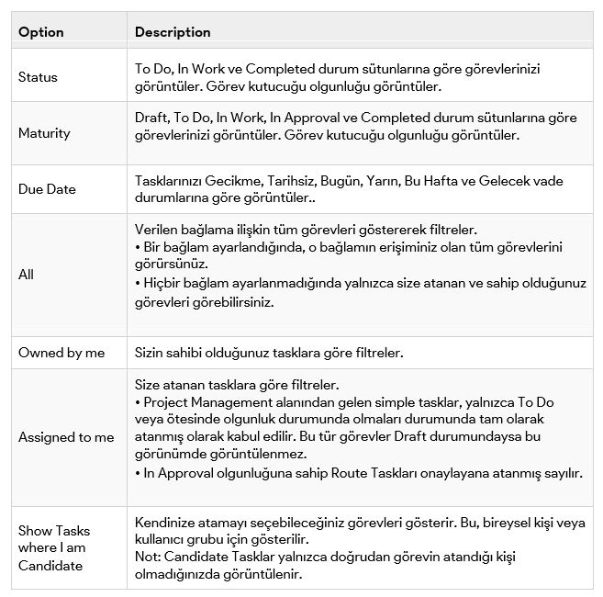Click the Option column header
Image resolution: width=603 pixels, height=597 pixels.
41,32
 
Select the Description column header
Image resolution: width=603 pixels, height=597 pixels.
173,32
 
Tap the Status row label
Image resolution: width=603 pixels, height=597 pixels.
38,77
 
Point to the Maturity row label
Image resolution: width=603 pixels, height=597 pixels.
44,133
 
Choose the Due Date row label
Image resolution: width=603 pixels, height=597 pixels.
47,189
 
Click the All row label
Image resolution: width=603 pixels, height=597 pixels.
26,274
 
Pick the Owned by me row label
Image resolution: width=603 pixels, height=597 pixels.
61,353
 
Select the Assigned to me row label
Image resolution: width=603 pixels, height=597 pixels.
66,437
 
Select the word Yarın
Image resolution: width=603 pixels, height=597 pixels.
385,181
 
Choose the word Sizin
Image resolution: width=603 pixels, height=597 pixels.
151,353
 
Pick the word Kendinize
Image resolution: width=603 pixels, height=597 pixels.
166,522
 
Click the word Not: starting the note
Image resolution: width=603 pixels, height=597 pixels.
148,557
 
